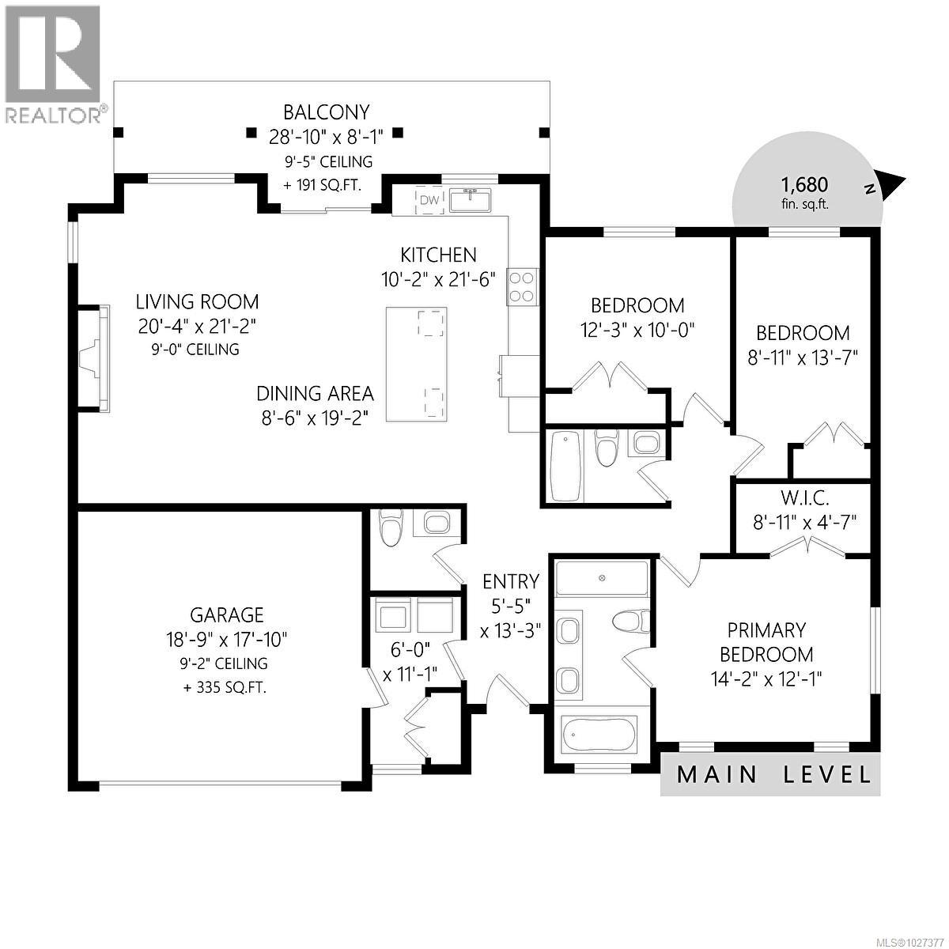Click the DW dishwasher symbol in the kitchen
click(428, 200)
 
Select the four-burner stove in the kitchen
click(523, 286)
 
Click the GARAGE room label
click(226, 614)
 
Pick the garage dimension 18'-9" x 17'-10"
click(226, 638)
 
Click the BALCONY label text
click(327, 113)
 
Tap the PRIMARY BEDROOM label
click(766, 642)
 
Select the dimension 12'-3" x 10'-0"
click(637, 329)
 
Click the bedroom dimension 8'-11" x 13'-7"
click(803, 357)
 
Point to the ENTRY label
click(511, 581)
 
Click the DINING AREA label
click(315, 393)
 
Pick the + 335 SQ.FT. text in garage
click(225, 687)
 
